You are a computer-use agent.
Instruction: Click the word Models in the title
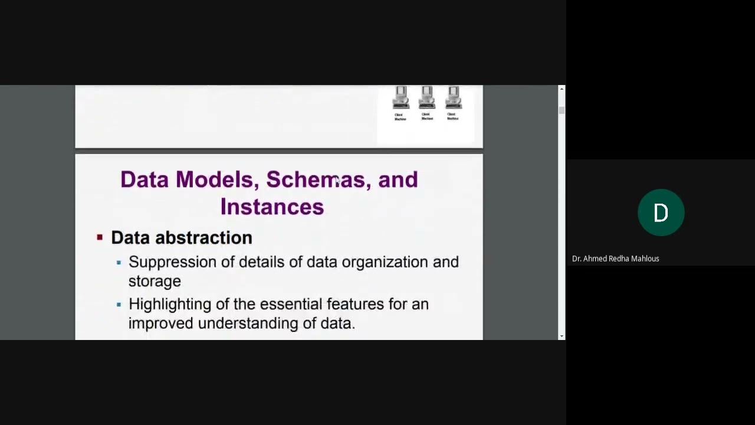point(214,179)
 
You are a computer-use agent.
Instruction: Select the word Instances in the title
point(272,207)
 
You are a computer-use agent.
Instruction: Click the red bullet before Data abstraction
point(100,237)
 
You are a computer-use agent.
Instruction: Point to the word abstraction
point(203,238)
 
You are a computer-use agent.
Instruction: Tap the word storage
point(155,281)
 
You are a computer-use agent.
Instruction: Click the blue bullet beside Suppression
point(119,262)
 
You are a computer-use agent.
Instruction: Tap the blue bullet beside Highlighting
point(119,305)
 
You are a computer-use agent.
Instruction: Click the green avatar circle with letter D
point(661,212)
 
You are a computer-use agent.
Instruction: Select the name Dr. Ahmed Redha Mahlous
point(615,259)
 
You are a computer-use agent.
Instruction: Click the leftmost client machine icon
point(401,98)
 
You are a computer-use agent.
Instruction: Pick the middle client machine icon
point(426,98)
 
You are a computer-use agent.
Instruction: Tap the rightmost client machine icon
point(452,98)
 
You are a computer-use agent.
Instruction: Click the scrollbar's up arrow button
point(562,89)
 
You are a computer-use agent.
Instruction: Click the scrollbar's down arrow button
point(562,336)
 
